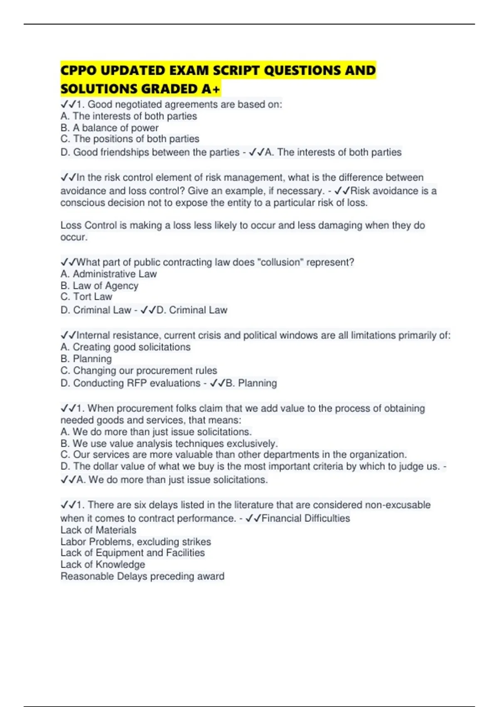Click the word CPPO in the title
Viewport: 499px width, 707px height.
tap(78, 70)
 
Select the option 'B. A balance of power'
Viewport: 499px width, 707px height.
tap(109, 128)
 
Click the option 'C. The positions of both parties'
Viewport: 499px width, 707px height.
tap(130, 139)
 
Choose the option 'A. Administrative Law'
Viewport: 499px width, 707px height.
tap(109, 274)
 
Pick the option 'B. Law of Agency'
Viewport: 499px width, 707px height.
tap(99, 286)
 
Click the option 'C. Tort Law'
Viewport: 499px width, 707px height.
tap(86, 297)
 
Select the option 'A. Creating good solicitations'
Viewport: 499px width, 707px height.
tap(125, 347)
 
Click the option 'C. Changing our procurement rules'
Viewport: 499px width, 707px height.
tap(138, 371)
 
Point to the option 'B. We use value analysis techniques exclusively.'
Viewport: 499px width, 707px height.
tap(169, 443)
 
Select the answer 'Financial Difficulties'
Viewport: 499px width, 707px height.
tap(306, 518)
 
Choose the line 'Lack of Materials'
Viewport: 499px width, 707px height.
tap(98, 530)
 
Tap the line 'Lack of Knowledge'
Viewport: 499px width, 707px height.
tap(103, 564)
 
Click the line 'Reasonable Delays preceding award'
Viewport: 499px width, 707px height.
tap(142, 576)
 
